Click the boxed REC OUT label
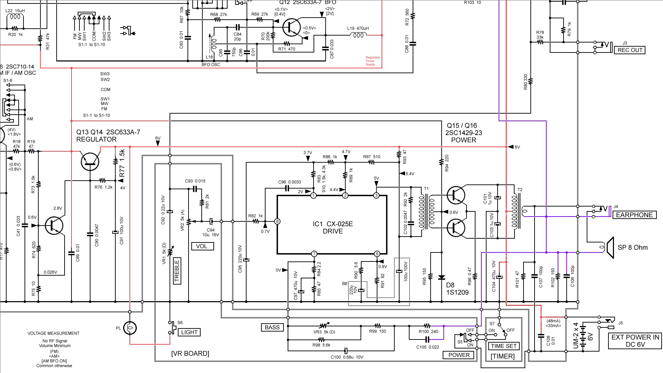630,50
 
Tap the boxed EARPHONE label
634,215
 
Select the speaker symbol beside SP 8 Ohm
609,247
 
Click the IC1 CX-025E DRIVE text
333,228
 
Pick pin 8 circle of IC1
277,221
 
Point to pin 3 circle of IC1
376,195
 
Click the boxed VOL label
202,246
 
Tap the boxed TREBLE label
177,271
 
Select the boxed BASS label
272,327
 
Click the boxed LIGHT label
189,332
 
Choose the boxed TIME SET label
503,346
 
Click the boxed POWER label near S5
459,355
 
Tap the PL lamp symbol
130,328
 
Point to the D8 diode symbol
441,277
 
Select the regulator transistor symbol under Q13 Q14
90,161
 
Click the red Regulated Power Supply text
372,61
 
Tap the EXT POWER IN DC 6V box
635,341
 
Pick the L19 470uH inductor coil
358,35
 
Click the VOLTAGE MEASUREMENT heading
54,333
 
